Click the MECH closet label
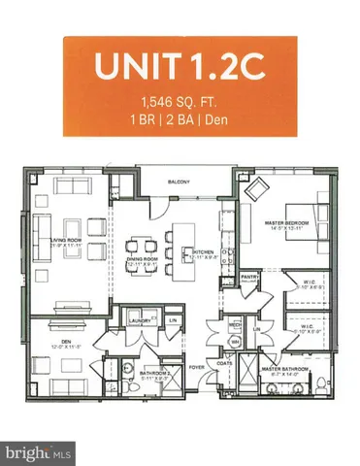(x=234, y=325)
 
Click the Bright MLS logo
(x=38, y=452)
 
